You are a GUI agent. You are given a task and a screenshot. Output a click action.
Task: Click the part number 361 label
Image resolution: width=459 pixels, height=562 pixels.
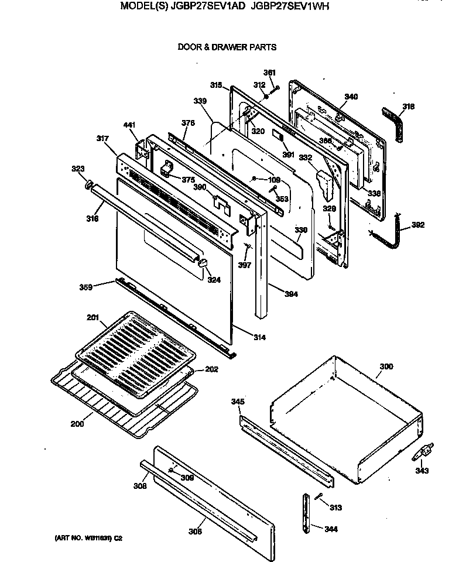[x=269, y=73]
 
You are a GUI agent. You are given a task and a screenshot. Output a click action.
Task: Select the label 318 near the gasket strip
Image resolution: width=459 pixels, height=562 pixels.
[x=408, y=107]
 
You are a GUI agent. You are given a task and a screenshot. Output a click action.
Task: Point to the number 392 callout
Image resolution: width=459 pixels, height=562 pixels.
[x=418, y=225]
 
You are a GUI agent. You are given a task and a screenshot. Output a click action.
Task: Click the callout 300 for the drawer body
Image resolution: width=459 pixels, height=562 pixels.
[x=386, y=366]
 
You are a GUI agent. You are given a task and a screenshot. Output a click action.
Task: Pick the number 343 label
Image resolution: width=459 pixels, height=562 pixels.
[x=422, y=471]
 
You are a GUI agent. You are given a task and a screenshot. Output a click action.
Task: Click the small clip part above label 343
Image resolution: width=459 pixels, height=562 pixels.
[x=425, y=452]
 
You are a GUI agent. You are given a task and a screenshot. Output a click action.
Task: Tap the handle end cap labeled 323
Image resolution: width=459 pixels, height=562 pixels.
[x=89, y=186]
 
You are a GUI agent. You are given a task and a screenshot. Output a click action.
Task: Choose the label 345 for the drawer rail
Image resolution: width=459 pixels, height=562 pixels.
[x=237, y=402]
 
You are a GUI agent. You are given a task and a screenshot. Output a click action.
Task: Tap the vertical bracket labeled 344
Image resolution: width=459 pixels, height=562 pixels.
[x=306, y=514]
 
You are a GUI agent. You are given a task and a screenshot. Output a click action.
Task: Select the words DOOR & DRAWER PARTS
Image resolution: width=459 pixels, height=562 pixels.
[x=227, y=47]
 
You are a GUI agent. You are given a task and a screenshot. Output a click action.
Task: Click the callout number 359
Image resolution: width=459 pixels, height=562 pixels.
[x=86, y=287]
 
